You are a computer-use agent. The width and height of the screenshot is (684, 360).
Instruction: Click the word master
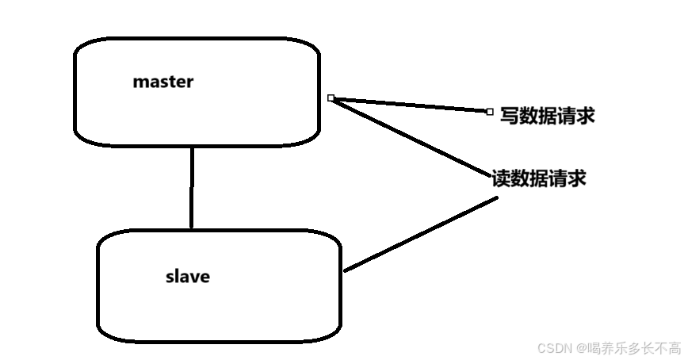pyautogui.click(x=162, y=82)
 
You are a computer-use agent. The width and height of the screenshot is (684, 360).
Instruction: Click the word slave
pyautogui.click(x=188, y=277)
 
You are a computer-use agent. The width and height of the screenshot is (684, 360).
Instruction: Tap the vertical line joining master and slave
pyautogui.click(x=192, y=188)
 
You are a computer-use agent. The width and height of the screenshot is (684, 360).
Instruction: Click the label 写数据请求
pyautogui.click(x=547, y=117)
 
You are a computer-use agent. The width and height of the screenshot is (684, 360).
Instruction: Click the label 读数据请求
pyautogui.click(x=539, y=178)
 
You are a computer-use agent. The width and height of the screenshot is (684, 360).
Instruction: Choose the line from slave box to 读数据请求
pyautogui.click(x=420, y=234)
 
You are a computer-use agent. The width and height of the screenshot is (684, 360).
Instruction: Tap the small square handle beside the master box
pyautogui.click(x=331, y=98)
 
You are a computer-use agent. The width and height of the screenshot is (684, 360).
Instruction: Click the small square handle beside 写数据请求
pyautogui.click(x=489, y=112)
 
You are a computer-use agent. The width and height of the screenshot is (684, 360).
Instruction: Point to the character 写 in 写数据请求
pyautogui.click(x=510, y=117)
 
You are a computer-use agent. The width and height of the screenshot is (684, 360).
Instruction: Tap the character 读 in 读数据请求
pyautogui.click(x=501, y=178)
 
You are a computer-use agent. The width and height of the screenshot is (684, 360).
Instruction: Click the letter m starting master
pyautogui.click(x=140, y=82)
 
